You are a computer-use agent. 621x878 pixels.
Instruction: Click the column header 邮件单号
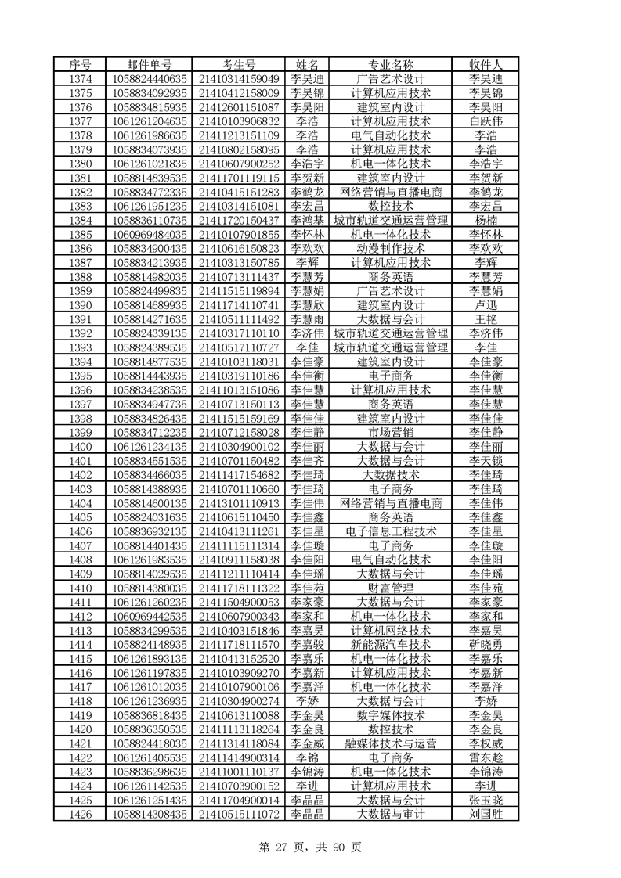coord(150,64)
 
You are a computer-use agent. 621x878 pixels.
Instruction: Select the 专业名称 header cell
coord(390,64)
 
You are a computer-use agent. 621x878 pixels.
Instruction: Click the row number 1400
coord(81,446)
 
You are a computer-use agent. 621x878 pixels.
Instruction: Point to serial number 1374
coord(81,78)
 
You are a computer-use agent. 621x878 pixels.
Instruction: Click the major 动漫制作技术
coord(390,248)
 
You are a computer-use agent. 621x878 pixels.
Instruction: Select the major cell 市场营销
coord(390,432)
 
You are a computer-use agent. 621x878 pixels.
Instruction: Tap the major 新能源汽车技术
coord(390,644)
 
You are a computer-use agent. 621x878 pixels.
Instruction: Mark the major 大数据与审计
coord(390,814)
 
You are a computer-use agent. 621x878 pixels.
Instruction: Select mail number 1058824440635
coord(150,78)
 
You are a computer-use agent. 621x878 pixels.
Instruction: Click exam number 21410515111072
coord(239,814)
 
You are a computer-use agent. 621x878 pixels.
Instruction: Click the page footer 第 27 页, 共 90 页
coord(311,846)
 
